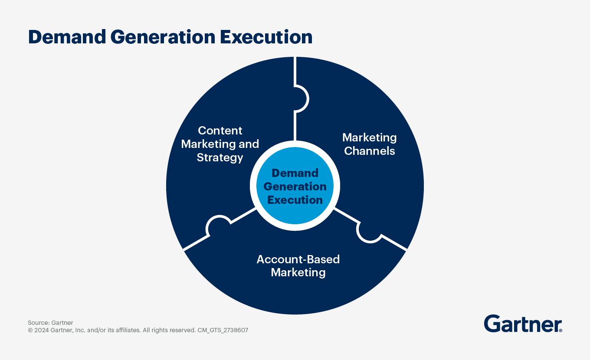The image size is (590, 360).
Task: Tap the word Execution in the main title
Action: pos(266,37)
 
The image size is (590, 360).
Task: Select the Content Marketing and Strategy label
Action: pos(220,144)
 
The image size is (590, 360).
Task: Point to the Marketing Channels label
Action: pos(369,144)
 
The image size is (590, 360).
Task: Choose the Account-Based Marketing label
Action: pos(298,265)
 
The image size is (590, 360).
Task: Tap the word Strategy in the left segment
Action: pos(220,157)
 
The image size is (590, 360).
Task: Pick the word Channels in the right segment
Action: pos(369,151)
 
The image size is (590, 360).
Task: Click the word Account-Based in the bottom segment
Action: pos(298,259)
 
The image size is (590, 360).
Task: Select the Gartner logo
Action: pos(522,324)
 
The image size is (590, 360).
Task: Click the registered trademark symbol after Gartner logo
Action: pos(560,330)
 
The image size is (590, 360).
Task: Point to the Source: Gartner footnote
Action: pos(50,323)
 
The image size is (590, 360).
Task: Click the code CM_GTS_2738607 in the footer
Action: pos(223,330)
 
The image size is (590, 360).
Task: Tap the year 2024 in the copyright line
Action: pos(41,330)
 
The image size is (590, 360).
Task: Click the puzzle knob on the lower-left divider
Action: pos(218,225)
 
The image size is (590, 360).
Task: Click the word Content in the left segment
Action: pos(220,131)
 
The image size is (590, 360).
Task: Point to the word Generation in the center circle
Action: pos(295,187)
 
